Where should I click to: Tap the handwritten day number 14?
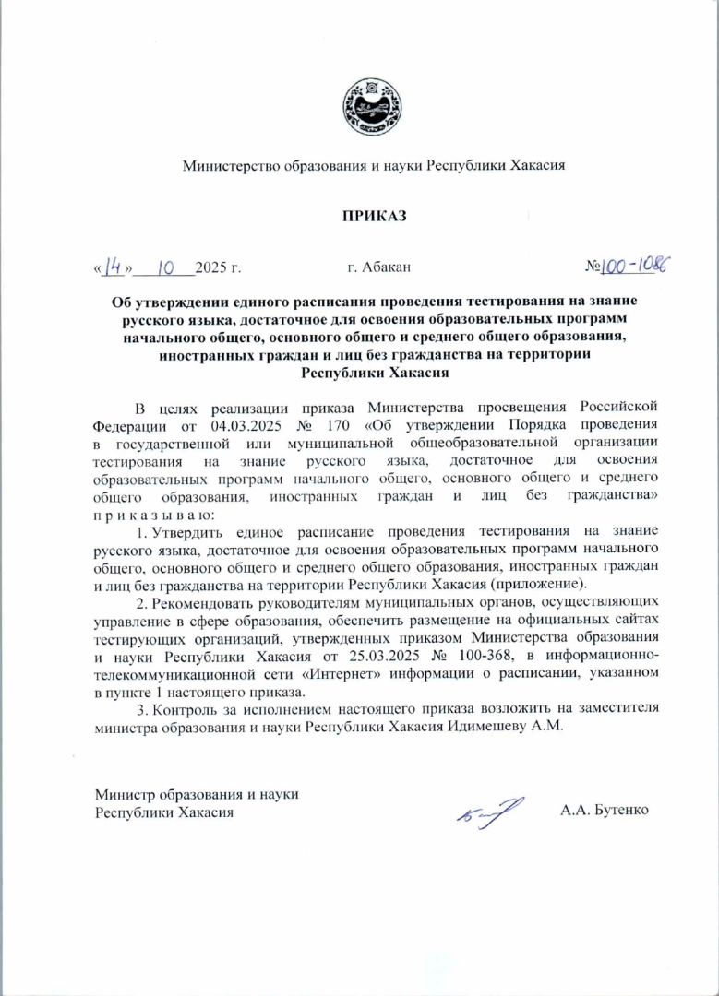pos(114,267)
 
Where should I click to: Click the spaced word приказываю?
pos(153,514)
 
